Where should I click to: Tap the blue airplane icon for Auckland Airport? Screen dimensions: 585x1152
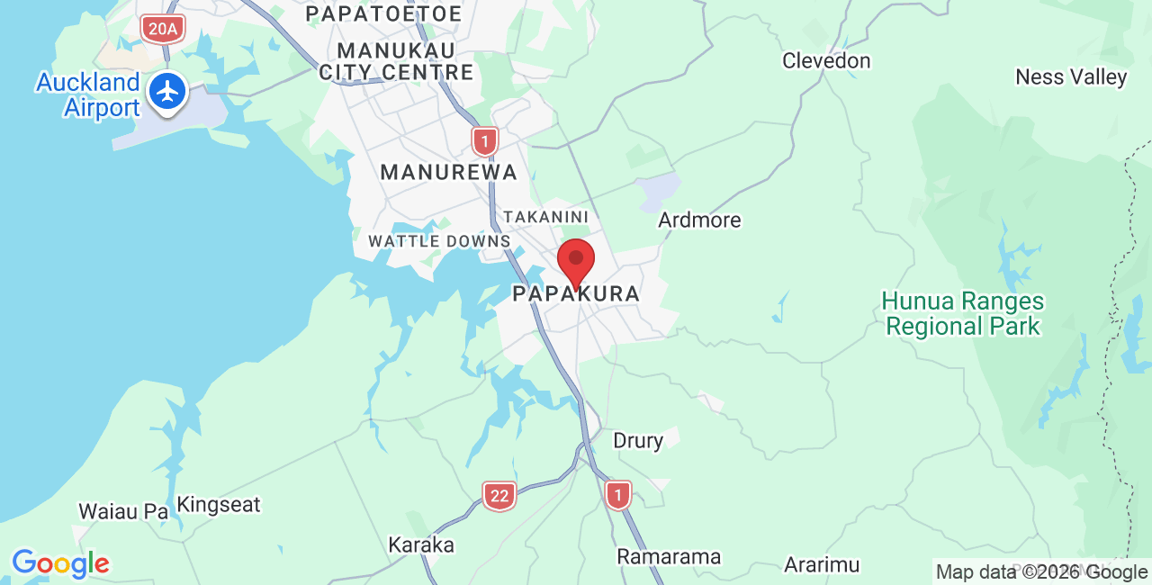166,92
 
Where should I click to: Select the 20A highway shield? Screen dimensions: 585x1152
162,29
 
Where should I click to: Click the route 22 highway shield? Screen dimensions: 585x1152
499,495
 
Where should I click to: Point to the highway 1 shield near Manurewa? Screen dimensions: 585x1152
485,141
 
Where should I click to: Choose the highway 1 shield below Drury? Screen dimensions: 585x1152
617,494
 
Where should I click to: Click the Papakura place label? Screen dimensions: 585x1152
576,294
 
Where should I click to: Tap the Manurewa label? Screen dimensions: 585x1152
448,172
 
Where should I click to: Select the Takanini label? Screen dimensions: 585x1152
545,217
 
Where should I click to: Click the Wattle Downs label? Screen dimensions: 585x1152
439,241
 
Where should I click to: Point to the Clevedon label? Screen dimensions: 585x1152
826,61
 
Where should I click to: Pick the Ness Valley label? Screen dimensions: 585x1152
1071,77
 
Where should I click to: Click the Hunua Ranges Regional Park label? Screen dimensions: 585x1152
963,313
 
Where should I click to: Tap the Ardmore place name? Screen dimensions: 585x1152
699,220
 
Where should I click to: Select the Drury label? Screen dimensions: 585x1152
638,441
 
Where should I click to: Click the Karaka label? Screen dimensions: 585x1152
421,545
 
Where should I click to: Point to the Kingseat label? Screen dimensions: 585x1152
219,505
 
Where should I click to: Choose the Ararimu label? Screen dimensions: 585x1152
821,565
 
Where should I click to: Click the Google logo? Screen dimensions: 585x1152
60,564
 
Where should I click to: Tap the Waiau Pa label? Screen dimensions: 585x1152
123,511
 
